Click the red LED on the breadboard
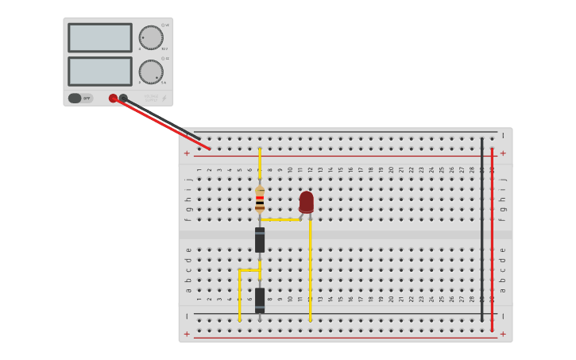coord(307,202)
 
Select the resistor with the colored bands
coord(260,199)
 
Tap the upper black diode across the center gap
coord(260,239)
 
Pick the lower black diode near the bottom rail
coord(260,300)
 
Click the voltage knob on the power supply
coord(151,37)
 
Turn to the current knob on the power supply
coord(151,72)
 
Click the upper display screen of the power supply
coord(100,37)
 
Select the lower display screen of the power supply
coord(100,71)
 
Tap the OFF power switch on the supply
coord(80,99)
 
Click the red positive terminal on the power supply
coord(114,99)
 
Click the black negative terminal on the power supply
coord(123,99)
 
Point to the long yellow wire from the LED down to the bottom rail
coord(310,270)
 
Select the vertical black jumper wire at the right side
coord(481,230)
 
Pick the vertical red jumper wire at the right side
coord(492,238)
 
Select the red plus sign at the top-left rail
coord(187,153)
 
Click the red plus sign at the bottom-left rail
coord(187,334)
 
